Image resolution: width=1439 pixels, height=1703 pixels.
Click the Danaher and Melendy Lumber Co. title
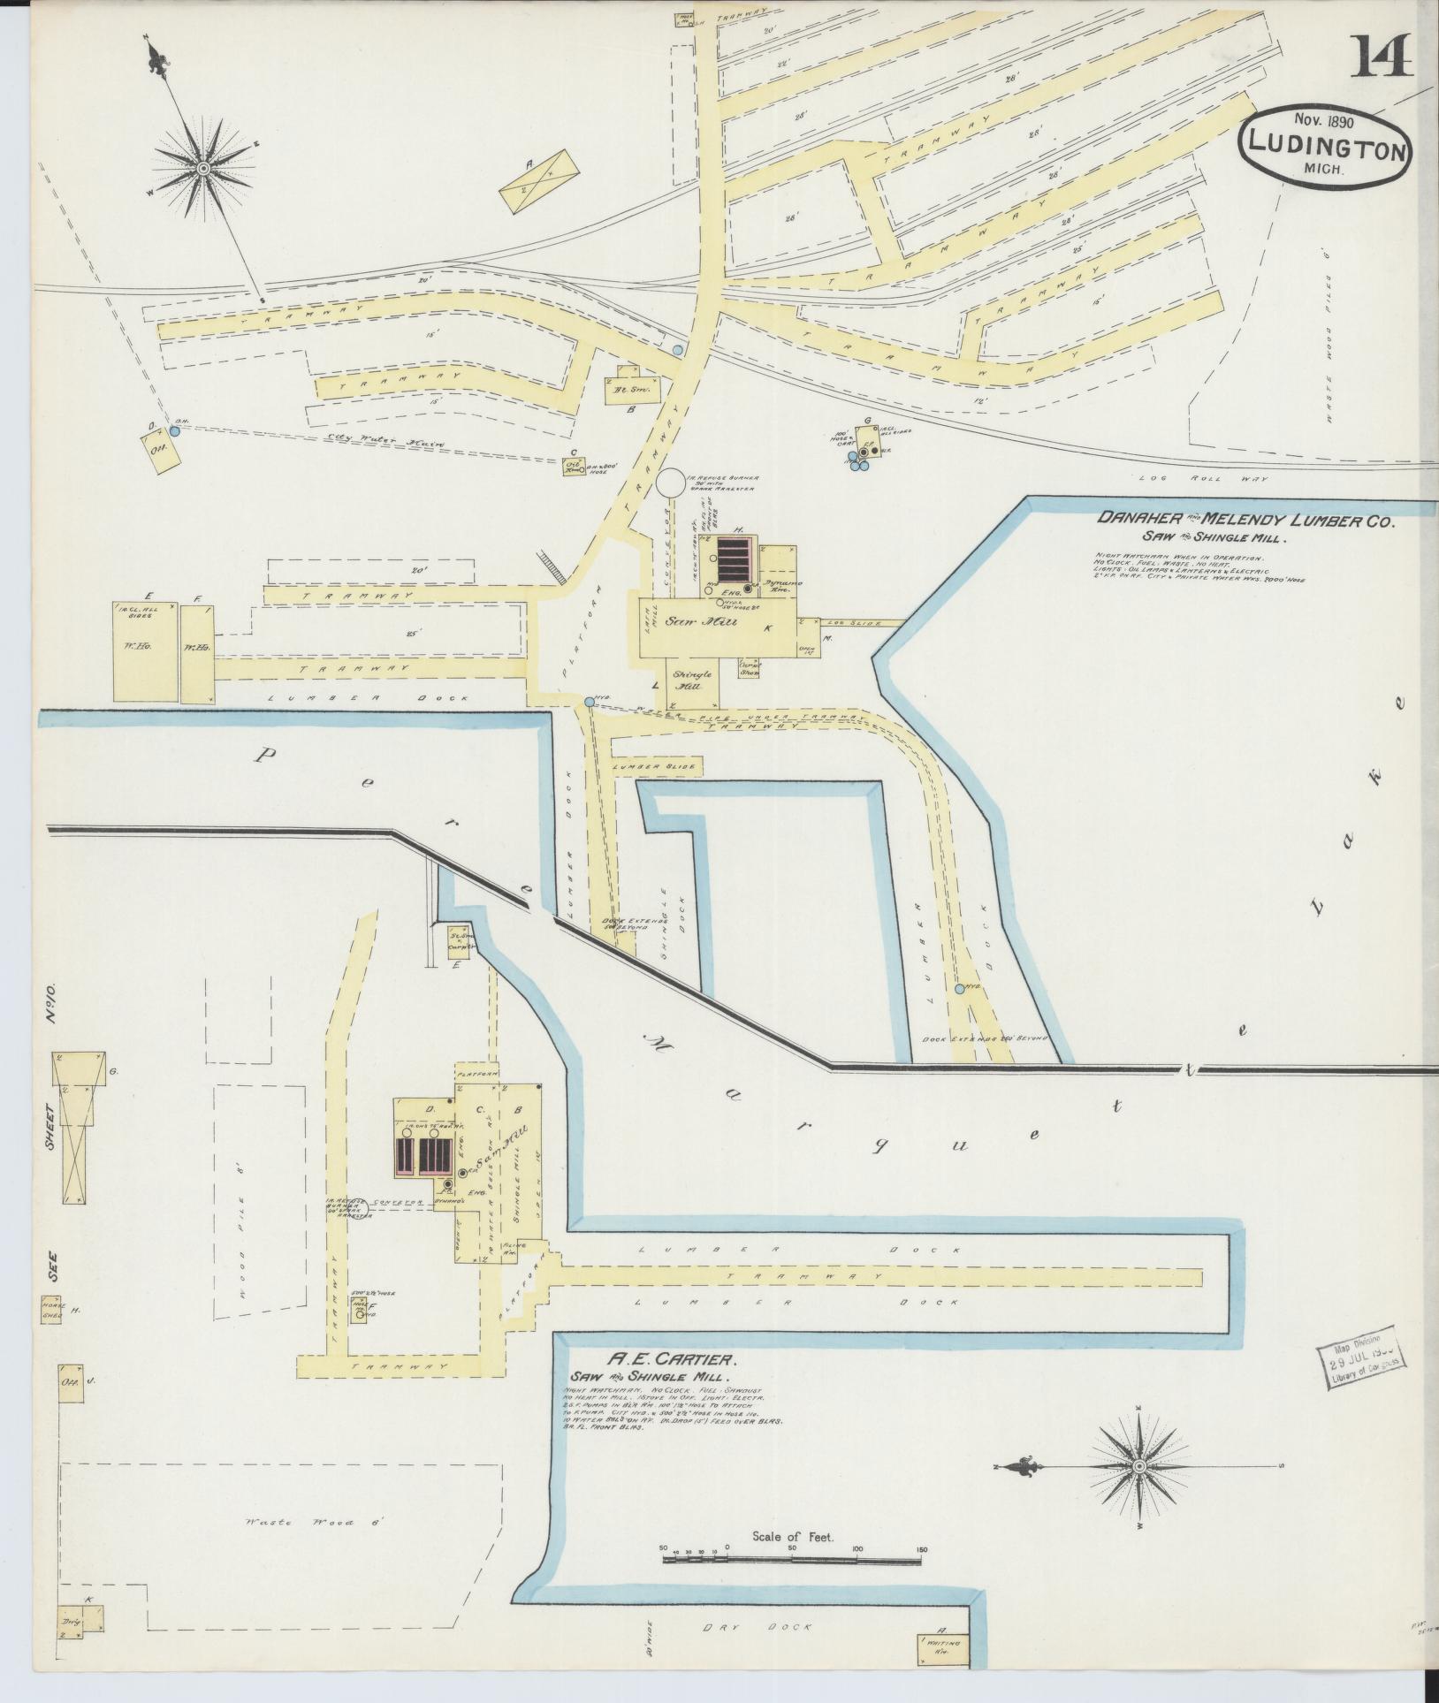1245,521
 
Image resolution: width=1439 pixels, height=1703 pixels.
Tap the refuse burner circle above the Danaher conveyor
670,483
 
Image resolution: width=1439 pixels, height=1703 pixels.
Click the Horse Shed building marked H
49,1309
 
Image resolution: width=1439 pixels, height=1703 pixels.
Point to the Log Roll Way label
1223,478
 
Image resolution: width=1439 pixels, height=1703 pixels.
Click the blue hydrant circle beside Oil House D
174,431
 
